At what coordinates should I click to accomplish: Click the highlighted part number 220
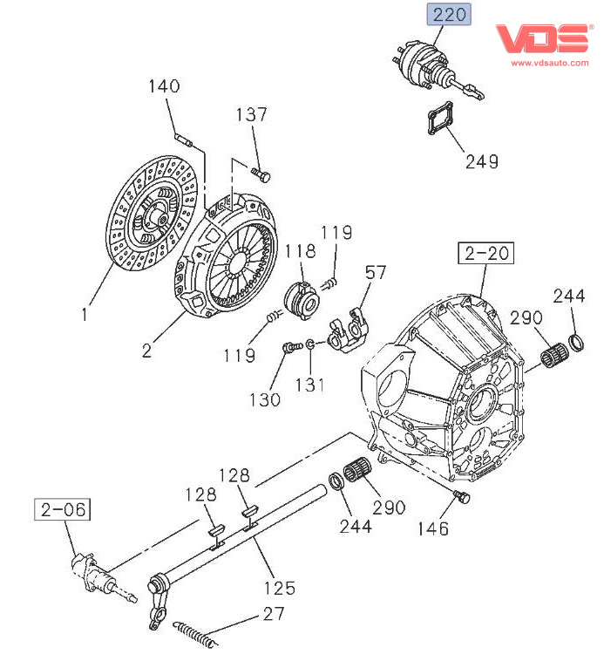448,15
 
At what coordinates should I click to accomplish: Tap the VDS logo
543,39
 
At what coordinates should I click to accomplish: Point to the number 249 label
481,161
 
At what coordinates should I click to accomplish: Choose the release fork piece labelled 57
348,329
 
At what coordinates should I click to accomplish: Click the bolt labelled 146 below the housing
462,497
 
